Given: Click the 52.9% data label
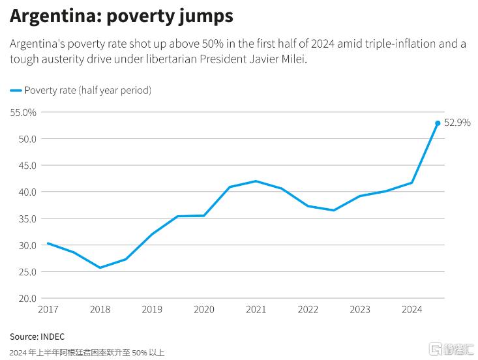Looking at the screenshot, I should pyautogui.click(x=457, y=122).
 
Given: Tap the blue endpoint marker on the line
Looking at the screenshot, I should pyautogui.click(x=438, y=123).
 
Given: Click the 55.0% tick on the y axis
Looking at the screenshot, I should pyautogui.click(x=23, y=112).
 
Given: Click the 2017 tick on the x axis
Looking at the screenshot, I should pyautogui.click(x=48, y=310).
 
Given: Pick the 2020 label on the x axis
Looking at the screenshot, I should pyautogui.click(x=203, y=310).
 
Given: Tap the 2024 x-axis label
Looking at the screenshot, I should pyautogui.click(x=411, y=310).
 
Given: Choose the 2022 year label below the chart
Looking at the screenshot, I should pyautogui.click(x=308, y=310).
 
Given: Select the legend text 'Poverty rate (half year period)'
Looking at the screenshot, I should pyautogui.click(x=87, y=91).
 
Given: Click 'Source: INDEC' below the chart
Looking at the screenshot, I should pyautogui.click(x=37, y=337).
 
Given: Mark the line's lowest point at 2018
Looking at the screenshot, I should pyautogui.click(x=99, y=267).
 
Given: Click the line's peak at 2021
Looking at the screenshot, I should pyautogui.click(x=256, y=181).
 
